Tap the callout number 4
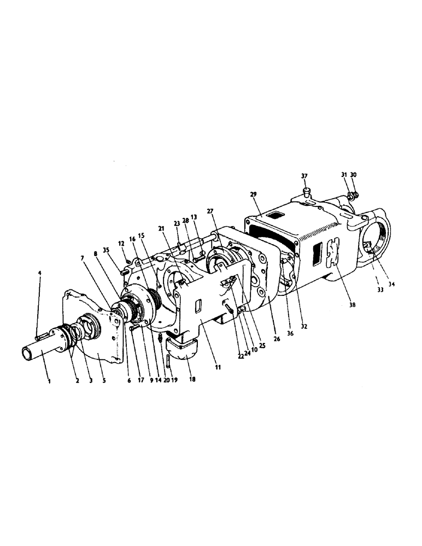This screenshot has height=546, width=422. pos(40,272)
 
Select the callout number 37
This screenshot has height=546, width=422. pos(304,176)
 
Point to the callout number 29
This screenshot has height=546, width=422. pos(253,195)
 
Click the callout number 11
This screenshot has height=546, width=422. pos(218,369)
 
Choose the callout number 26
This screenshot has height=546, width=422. pos(277,339)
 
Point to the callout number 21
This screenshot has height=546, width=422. pos(162,228)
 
